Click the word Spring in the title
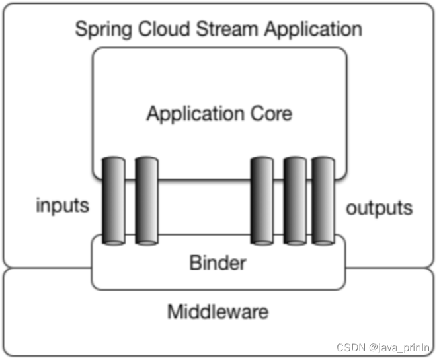pos(104,30)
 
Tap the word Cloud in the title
pos(164,29)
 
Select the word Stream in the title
pos(227,29)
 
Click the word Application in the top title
pos(313,30)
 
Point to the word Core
pos(271,114)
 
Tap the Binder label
pos(218,263)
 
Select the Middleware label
pos(218,311)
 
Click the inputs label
pos(63,206)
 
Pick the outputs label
pos(379,208)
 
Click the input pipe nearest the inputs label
pos(114,201)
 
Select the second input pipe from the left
pos(147,201)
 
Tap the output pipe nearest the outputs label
pos(323,201)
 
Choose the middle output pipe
pos(295,201)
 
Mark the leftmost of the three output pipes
pos(262,201)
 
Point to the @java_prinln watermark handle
pos(399,348)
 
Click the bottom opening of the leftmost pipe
pos(114,243)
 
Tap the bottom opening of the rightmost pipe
pos(323,243)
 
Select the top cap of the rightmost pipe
pos(323,159)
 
